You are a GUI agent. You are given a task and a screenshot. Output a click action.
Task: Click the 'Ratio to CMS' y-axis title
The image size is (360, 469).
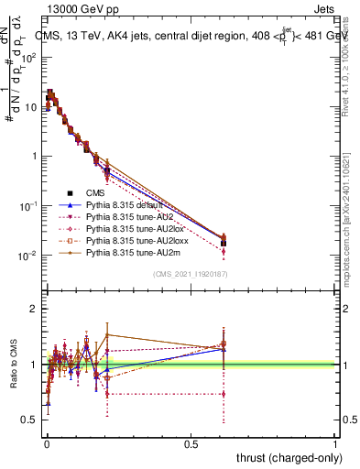(12, 365)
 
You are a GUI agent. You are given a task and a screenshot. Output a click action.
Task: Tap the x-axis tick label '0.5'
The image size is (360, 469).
(191, 443)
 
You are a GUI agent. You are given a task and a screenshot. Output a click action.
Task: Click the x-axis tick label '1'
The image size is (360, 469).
(335, 443)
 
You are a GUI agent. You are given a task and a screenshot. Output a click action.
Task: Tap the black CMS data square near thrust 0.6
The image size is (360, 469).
(224, 244)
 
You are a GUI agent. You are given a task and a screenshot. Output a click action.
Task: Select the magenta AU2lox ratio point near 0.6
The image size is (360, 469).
(224, 394)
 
